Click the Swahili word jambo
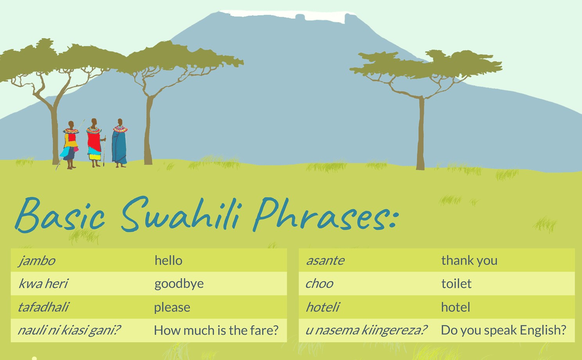[x=37, y=261]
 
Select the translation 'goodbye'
[x=179, y=284]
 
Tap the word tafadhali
[x=43, y=307]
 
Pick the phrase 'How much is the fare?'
[x=216, y=330]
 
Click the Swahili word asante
[x=325, y=261]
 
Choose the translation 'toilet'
[x=456, y=283]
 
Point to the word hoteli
[x=323, y=307]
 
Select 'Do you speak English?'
[x=503, y=330]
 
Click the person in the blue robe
[x=120, y=143]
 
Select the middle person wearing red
[x=94, y=143]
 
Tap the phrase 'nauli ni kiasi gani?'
[x=69, y=330]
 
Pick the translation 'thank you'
[x=469, y=261]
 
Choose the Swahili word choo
[x=319, y=284]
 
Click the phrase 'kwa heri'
[x=43, y=284]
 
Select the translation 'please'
[x=172, y=308]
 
